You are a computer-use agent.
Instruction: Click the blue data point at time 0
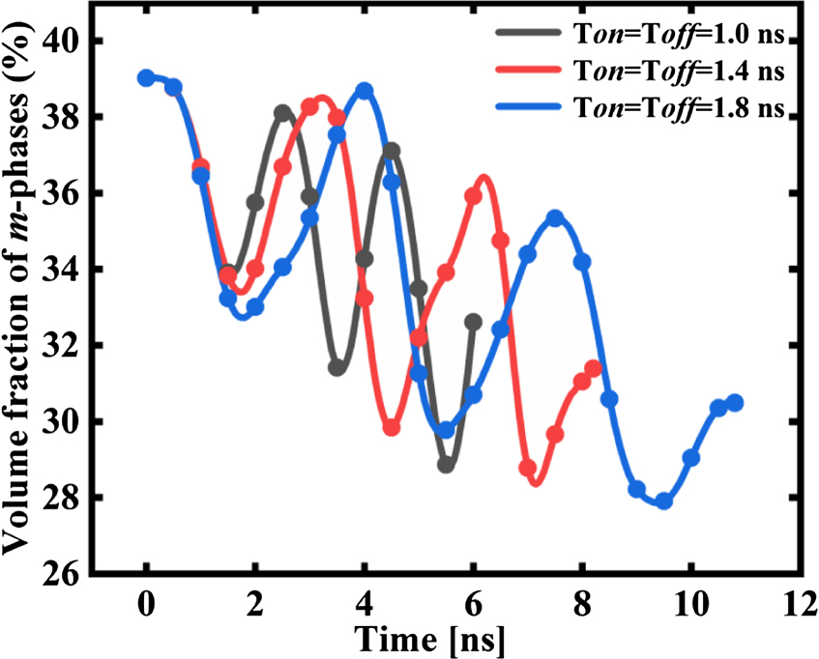pos(146,78)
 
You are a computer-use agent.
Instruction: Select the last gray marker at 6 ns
pos(473,322)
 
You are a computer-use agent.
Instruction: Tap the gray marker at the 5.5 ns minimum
pos(446,464)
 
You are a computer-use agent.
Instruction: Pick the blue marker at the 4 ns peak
pos(365,91)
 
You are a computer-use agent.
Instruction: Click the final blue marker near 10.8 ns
pos(735,403)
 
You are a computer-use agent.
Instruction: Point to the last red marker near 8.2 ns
pos(593,369)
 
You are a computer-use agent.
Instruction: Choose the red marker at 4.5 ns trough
pos(392,427)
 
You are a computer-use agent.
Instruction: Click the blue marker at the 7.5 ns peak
pos(555,218)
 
